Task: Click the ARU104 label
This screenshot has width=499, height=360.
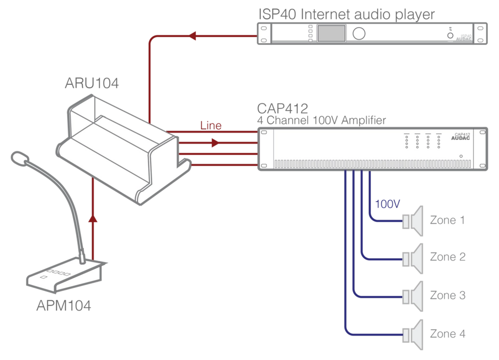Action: (x=92, y=83)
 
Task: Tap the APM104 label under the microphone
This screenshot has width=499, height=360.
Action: (x=64, y=306)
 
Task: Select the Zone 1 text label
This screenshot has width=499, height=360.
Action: (x=447, y=220)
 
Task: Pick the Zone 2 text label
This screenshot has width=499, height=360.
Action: (x=447, y=257)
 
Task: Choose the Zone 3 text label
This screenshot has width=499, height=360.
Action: (x=447, y=295)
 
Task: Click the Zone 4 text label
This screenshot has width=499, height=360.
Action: (x=447, y=334)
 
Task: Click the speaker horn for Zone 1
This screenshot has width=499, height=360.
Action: (x=414, y=221)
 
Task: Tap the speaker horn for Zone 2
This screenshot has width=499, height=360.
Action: (x=414, y=257)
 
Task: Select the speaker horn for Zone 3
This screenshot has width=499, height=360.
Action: (x=414, y=296)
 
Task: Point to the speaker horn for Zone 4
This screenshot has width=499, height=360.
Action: (x=414, y=334)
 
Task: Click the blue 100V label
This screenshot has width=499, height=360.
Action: (x=387, y=204)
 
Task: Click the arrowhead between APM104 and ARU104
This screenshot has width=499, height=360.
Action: (x=93, y=219)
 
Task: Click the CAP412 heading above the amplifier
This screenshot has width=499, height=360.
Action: (x=282, y=109)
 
